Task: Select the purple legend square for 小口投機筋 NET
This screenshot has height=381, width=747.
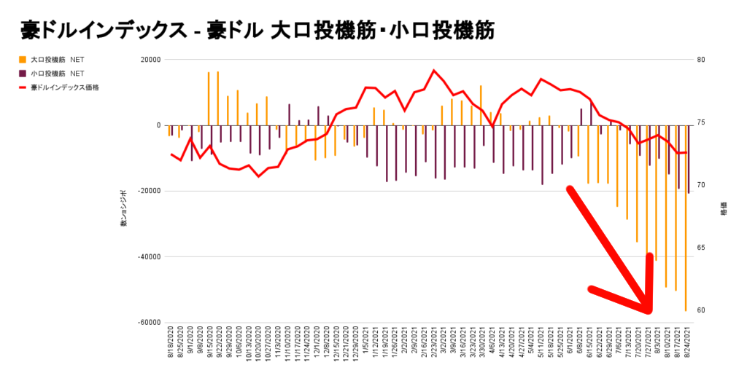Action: click(x=23, y=74)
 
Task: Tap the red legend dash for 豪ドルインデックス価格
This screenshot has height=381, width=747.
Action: click(x=23, y=87)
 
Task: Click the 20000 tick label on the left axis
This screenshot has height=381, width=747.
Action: click(x=150, y=60)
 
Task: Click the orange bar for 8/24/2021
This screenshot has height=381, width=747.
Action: click(x=686, y=218)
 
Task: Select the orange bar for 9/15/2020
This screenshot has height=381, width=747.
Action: click(x=209, y=98)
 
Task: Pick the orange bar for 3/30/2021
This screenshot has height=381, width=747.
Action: click(x=481, y=106)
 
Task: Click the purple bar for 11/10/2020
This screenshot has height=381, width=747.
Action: click(x=290, y=114)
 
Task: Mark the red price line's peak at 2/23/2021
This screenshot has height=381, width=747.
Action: click(x=434, y=71)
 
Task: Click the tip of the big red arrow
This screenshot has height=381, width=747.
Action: click(x=648, y=312)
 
